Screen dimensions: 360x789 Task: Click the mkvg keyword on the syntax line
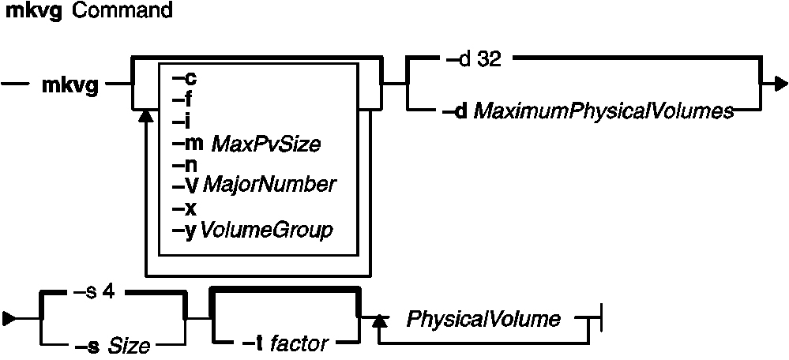(70, 86)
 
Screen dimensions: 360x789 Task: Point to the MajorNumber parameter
(269, 186)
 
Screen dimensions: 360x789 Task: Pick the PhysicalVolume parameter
(483, 320)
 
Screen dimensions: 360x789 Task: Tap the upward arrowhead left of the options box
(145, 116)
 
